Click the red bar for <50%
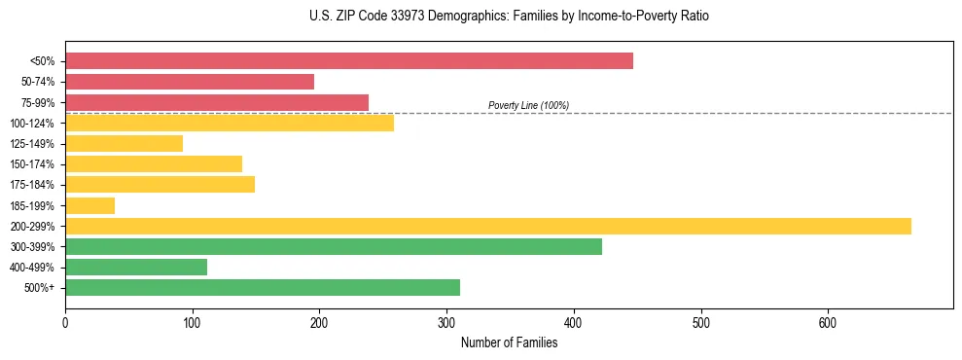point(348,61)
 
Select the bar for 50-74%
point(190,82)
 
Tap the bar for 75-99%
point(217,102)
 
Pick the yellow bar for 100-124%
point(230,123)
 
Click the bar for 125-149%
point(124,143)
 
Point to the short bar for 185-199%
point(89,205)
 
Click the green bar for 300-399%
point(334,246)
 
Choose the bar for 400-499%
point(136,267)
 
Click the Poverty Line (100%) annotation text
point(528,105)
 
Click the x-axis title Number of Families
point(509,342)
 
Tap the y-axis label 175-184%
point(32,185)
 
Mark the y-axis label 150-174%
point(32,164)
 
